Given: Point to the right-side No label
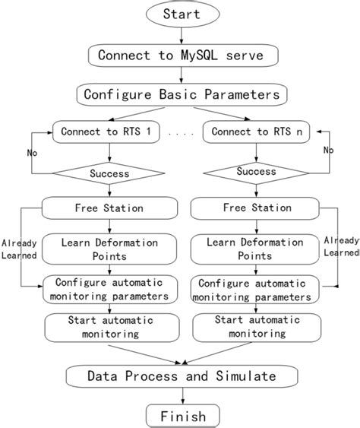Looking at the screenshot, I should tap(328, 151).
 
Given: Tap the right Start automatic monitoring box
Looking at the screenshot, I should tap(251, 327).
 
